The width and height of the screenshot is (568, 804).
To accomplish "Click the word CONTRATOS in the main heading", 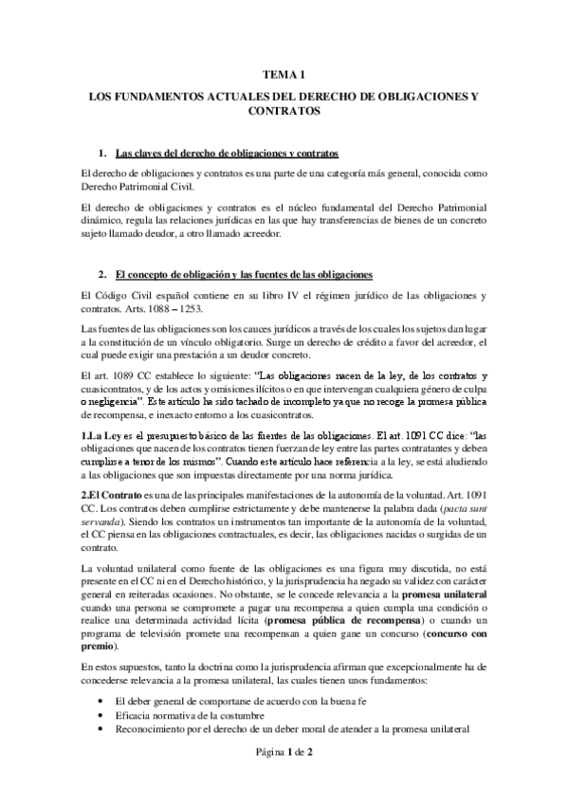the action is click(284, 110).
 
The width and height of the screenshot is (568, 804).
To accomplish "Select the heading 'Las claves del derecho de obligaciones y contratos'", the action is click(227, 153).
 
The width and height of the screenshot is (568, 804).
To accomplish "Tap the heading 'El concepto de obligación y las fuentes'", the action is click(243, 275).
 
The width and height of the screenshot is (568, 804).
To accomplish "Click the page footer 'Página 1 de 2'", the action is click(284, 779).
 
